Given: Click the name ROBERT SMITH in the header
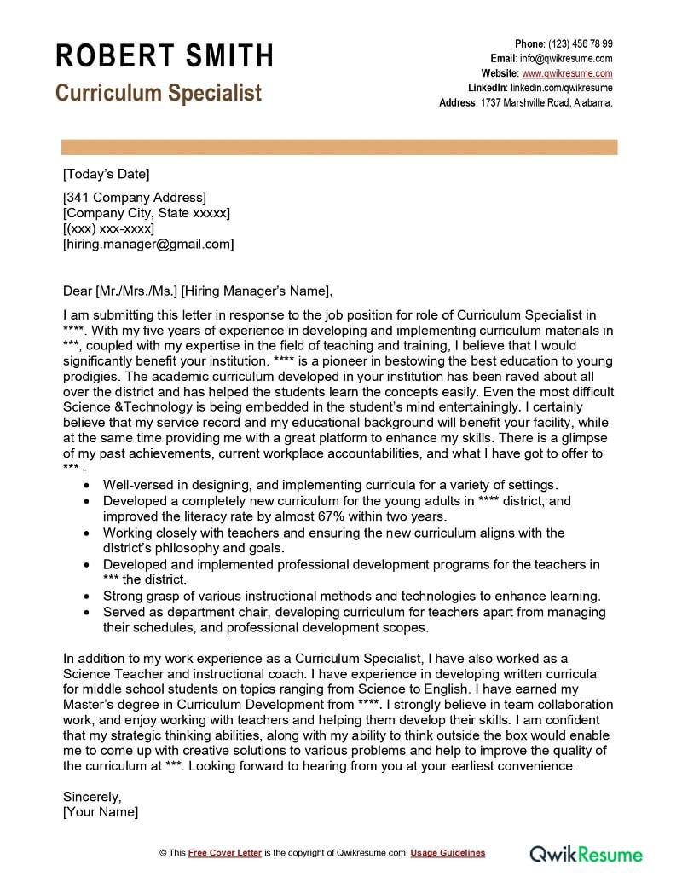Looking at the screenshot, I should (x=165, y=56).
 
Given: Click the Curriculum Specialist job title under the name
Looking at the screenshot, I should (x=159, y=93).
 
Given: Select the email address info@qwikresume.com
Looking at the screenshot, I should (x=567, y=59).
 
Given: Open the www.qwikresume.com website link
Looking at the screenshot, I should (x=567, y=73).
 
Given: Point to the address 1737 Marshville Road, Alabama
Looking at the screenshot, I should (x=546, y=102).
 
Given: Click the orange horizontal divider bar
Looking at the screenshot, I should (x=340, y=147).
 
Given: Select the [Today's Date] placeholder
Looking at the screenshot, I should (x=106, y=175).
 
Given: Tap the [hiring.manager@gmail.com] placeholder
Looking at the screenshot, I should (x=148, y=244).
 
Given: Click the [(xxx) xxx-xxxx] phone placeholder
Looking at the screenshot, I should (x=109, y=228).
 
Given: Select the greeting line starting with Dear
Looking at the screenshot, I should (x=197, y=290).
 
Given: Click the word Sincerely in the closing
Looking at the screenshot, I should (x=92, y=797).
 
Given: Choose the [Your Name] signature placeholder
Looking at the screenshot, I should (x=101, y=812).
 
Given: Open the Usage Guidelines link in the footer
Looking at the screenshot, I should (x=448, y=853).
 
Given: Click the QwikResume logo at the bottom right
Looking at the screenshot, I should (x=587, y=853).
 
